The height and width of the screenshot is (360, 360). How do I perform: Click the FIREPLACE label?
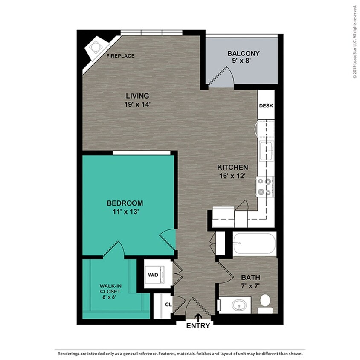pos(121,56)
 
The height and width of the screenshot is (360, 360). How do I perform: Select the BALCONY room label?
pos(243,54)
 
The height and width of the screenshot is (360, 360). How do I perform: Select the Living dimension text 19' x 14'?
pos(137,104)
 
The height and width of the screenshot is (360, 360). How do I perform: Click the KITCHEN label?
pos(232,168)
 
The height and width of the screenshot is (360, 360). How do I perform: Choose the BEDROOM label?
pos(125,203)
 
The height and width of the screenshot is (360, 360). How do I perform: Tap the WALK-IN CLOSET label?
pos(110,289)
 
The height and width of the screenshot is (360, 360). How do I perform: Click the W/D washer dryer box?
pos(153,275)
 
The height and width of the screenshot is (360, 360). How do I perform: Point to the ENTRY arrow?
pos(198,317)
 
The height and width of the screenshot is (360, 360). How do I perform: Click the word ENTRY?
pos(198,326)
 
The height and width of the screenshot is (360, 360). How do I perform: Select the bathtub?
pos(254,244)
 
